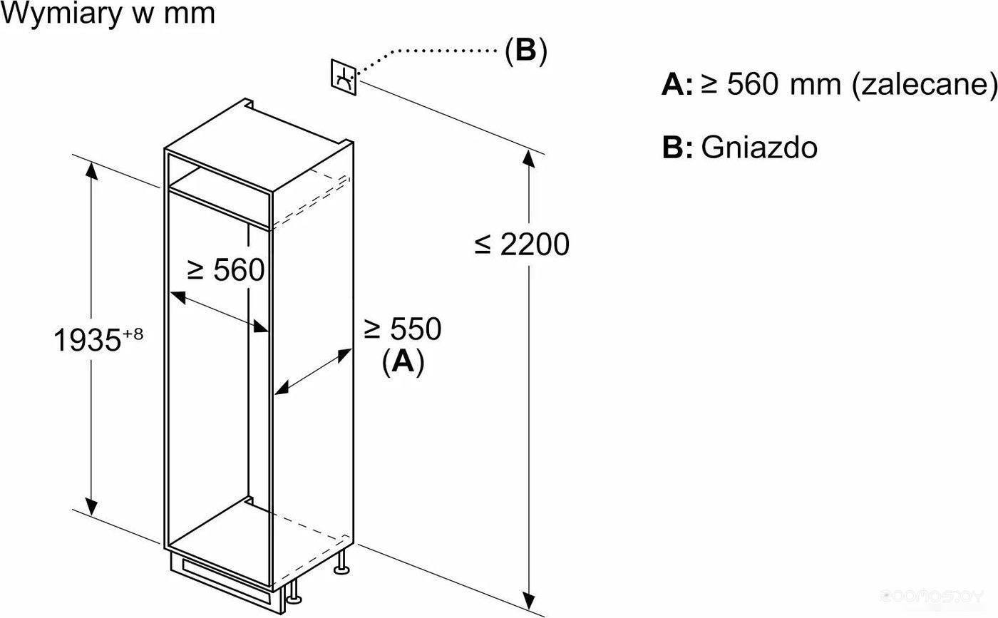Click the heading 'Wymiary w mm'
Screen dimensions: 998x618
(108, 14)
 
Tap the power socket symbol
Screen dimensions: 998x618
(344, 77)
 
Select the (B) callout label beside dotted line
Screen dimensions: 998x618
(526, 51)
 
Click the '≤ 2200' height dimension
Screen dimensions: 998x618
(522, 244)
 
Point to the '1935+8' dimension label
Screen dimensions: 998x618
(98, 339)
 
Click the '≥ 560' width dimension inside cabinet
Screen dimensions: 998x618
(226, 270)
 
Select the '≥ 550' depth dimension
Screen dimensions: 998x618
(402, 329)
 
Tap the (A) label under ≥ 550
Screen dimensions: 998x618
(403, 362)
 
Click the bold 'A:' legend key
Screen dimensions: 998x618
(677, 84)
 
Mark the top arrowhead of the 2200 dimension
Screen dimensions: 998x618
(528, 159)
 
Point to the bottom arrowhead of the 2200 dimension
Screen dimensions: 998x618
(528, 601)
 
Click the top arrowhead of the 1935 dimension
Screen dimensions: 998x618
(91, 170)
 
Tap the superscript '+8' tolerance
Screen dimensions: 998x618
(133, 334)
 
